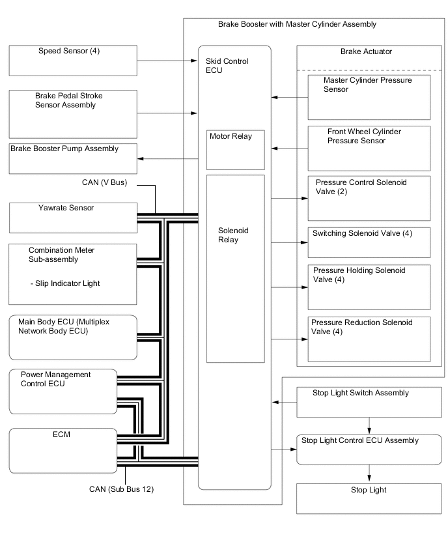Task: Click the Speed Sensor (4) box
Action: click(73, 60)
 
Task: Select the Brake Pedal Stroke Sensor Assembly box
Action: click(73, 110)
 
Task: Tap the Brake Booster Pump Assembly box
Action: click(73, 158)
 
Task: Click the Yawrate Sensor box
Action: click(73, 218)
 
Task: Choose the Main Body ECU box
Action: click(73, 337)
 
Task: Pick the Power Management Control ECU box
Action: click(63, 391)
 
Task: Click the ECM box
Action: click(63, 449)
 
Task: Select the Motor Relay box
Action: click(235, 149)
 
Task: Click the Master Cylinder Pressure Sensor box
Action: click(369, 97)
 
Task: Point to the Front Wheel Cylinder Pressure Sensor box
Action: click(369, 148)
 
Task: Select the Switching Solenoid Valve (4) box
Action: click(369, 242)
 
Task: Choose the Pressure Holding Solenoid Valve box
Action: click(369, 287)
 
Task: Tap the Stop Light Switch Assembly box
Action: click(369, 402)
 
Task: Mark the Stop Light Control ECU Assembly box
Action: click(369, 449)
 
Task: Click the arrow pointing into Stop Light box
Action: click(369, 477)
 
